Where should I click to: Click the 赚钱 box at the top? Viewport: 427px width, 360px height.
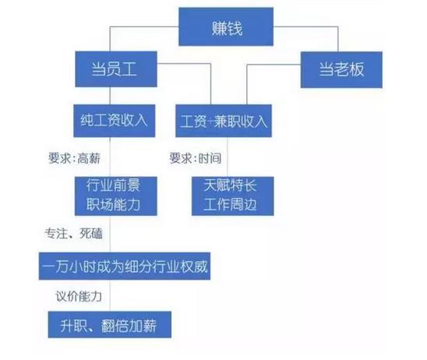point(226,26)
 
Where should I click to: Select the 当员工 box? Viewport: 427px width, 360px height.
point(116,69)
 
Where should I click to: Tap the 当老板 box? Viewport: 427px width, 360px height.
point(341,69)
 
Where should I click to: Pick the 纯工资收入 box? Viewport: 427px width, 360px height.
point(115,121)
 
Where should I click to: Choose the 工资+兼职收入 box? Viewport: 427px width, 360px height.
point(224,121)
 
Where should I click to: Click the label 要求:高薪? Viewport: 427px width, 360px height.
point(74,158)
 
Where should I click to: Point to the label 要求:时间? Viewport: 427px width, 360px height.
point(196,158)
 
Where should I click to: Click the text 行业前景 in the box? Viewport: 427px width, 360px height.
point(113,185)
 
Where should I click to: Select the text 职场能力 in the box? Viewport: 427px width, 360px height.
point(113,204)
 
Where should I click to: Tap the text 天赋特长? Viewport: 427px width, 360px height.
point(230,185)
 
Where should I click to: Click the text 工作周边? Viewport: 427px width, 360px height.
point(230,204)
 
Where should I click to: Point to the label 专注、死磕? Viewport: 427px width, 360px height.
point(73,233)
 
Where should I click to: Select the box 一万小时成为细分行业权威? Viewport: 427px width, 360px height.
point(125,266)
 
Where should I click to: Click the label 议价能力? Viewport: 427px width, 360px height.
point(79,296)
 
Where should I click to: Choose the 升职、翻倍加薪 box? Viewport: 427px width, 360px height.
point(110,325)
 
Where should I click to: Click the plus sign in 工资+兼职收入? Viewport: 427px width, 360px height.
point(210,122)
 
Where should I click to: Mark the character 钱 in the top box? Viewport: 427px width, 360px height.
point(235,28)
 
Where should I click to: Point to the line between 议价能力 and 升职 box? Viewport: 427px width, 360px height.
point(111,295)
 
